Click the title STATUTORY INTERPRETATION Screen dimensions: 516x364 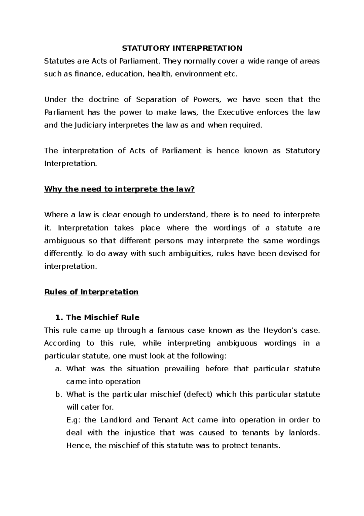point(182,48)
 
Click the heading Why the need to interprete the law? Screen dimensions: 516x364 point(119,189)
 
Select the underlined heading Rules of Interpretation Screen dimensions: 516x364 point(91,292)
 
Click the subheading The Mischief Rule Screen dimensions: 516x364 point(103,317)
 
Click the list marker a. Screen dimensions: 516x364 point(58,369)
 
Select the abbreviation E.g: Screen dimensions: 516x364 point(73,420)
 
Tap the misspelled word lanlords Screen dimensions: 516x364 point(301,433)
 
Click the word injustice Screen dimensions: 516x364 point(140,433)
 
